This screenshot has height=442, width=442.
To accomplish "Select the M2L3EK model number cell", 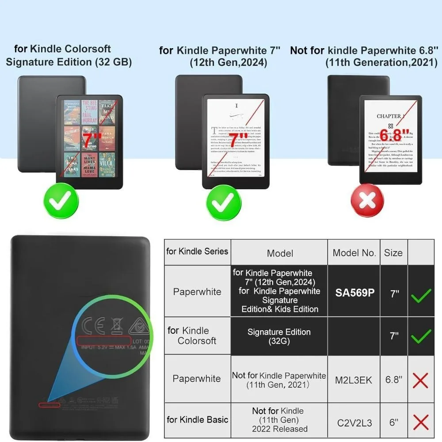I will tap(354, 380).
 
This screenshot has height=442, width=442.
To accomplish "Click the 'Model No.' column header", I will tap(354, 253).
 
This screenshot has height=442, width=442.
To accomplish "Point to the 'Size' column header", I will tap(393, 253).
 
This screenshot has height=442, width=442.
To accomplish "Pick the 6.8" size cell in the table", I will tap(393, 380).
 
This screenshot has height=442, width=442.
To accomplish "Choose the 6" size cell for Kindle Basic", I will tap(393, 423).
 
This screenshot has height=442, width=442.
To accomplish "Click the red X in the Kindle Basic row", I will tap(421, 422).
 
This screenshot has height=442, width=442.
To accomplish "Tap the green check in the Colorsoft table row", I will tap(421, 337).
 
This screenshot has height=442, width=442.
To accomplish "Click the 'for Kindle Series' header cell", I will tap(197, 251).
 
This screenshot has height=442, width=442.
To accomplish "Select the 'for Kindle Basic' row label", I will tap(197, 419).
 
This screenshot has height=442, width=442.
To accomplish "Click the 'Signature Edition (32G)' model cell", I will tap(279, 336).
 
